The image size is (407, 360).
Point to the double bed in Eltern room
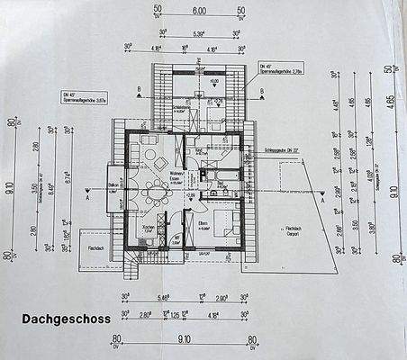(x=228, y=225)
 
